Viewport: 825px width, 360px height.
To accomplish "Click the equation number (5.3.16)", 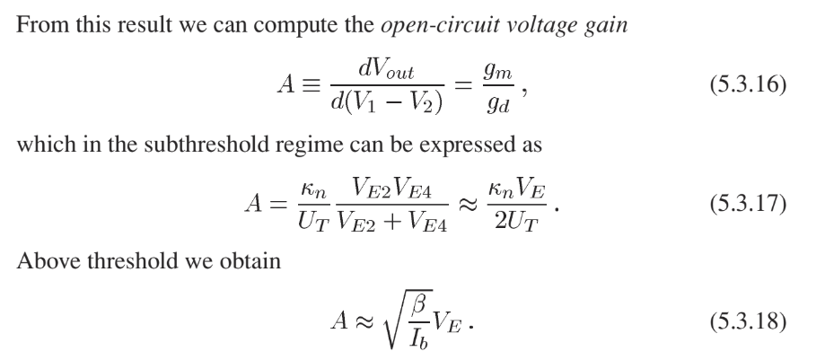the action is pyautogui.click(x=748, y=84).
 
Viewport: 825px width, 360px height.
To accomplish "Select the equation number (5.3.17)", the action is pyautogui.click(x=748, y=204).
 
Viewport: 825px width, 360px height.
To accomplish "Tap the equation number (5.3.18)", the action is pyautogui.click(x=748, y=321).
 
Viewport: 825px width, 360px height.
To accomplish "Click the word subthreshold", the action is pyautogui.click(x=206, y=144).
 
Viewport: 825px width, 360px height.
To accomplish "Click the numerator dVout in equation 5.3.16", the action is pyautogui.click(x=386, y=69).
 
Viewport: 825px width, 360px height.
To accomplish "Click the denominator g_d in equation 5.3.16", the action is pyautogui.click(x=497, y=103).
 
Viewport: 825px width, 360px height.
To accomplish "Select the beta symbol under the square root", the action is pyautogui.click(x=419, y=303).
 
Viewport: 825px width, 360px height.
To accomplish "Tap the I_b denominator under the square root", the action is pyautogui.click(x=419, y=338).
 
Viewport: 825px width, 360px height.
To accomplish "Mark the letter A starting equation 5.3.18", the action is pyautogui.click(x=340, y=320).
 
